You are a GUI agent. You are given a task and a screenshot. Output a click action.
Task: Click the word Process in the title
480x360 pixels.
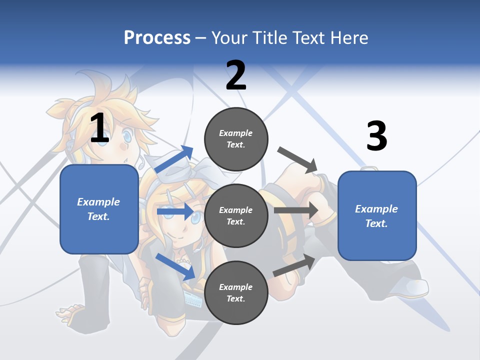point(157,37)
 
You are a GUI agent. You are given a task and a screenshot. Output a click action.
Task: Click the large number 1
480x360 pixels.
point(99,128)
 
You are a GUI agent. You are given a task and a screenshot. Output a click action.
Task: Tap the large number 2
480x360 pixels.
point(236,75)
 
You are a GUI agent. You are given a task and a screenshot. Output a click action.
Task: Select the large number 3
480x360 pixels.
point(376,136)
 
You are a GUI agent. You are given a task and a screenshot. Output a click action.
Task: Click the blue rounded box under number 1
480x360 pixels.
point(99,209)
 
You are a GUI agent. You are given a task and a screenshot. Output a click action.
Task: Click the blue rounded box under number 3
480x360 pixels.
point(377,215)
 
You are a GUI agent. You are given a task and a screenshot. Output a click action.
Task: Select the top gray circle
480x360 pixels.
point(236,139)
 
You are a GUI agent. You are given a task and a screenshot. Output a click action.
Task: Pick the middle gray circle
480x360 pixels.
point(236,215)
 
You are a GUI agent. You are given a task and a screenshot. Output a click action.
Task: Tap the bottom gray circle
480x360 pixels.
point(236,292)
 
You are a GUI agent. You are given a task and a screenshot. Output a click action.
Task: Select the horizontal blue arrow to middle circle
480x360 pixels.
point(174,211)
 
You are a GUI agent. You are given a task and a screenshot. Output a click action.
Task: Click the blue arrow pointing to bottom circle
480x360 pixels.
point(175,266)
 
